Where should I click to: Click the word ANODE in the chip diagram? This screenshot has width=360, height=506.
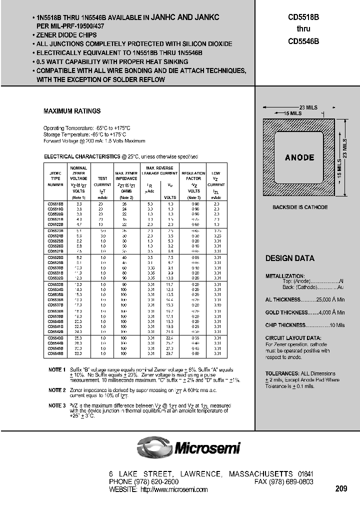(299, 157)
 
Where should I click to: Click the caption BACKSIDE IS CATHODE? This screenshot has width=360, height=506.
(300, 207)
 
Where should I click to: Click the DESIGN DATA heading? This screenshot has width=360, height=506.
(289, 258)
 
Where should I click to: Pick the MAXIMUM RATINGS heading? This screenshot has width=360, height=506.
(72, 111)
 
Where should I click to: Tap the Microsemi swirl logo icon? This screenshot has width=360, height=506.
(154, 446)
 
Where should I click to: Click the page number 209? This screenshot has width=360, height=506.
(341, 488)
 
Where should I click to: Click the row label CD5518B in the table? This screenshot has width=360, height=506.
(55, 204)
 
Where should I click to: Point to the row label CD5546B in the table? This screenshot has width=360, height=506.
(55, 354)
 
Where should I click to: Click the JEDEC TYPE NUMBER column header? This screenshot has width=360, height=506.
(55, 178)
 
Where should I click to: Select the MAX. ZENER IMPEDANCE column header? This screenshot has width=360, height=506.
(126, 175)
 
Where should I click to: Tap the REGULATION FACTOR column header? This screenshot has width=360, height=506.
(193, 175)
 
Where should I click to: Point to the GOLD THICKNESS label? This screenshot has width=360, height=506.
(286, 312)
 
